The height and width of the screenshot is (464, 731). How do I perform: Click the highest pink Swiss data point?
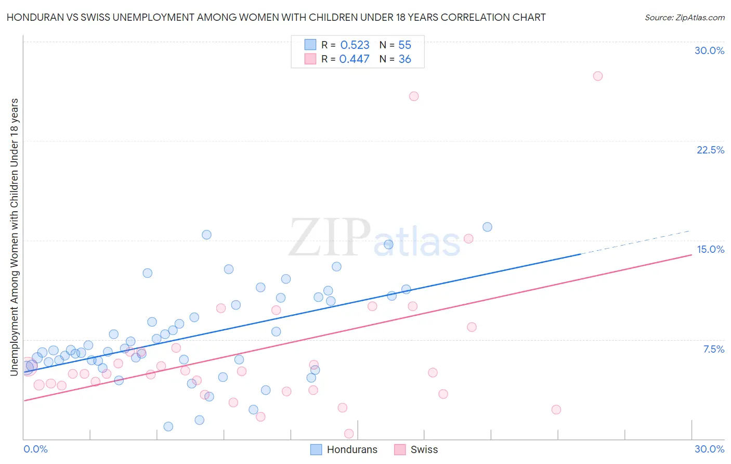pos(597,76)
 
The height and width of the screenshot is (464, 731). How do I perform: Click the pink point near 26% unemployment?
pos(414,96)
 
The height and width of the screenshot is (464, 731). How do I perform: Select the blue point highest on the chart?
pos(487,227)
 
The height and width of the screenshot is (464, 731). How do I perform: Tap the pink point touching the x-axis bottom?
pos(349,433)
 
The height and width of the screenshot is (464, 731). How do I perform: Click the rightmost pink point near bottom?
pos(556,409)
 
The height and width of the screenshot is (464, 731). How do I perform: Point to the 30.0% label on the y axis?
pos(709,50)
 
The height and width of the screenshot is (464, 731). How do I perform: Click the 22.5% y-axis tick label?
pos(710,150)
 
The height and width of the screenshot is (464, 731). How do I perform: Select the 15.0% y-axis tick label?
pos(710,249)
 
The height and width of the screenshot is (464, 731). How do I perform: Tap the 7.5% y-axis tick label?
pos(713,349)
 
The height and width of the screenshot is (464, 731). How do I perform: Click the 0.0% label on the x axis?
pos(35,449)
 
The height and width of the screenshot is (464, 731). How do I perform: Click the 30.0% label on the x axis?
pos(709,449)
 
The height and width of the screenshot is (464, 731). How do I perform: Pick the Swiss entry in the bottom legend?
pos(424,449)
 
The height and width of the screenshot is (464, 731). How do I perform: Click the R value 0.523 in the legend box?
pos(355,45)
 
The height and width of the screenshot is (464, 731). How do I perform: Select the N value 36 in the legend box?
pos(404,59)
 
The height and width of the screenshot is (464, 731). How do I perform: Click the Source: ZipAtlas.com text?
pos(684,17)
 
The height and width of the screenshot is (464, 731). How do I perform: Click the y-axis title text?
pos(14,237)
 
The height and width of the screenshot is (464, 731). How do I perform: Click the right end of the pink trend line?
pos(691,255)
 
